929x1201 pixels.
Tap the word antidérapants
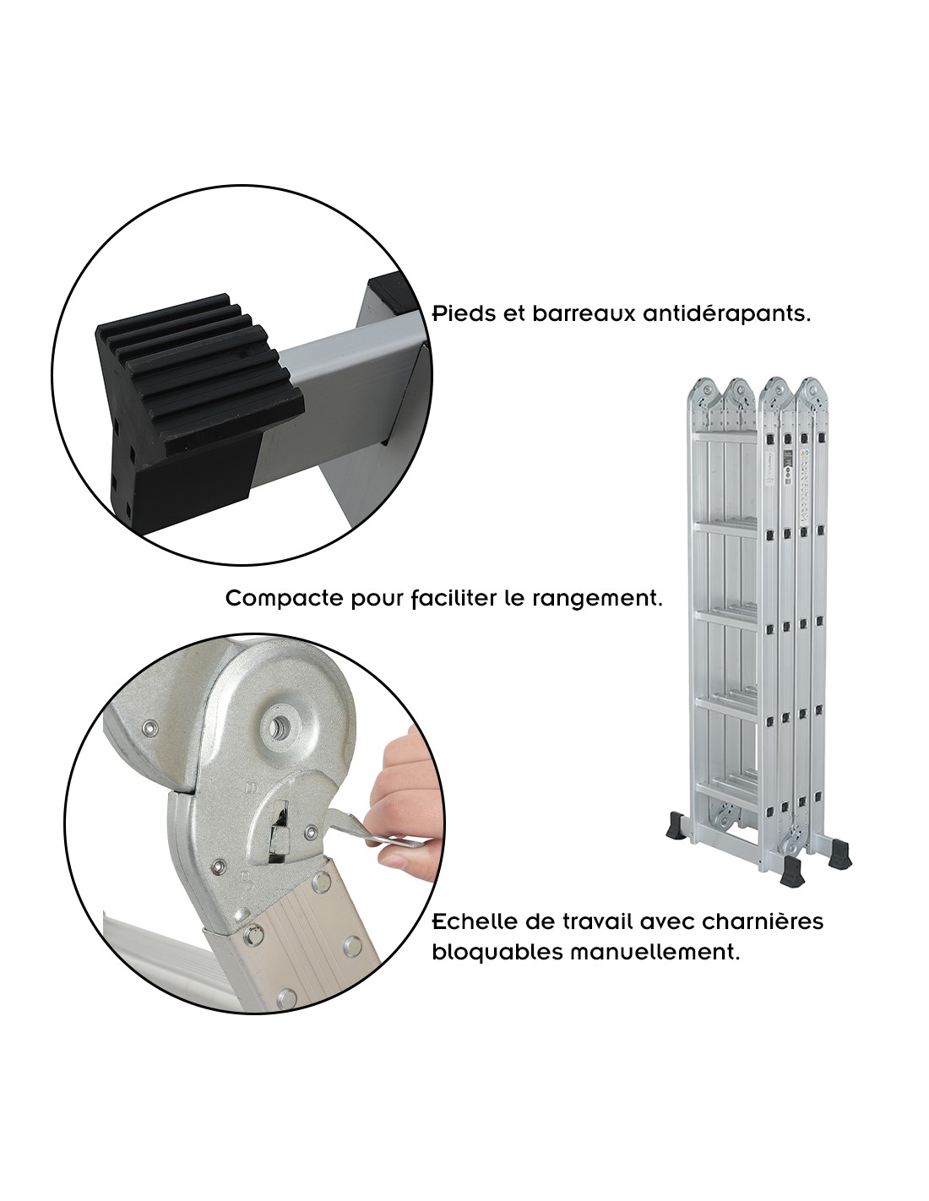click(x=726, y=313)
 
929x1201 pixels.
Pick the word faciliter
click(x=454, y=599)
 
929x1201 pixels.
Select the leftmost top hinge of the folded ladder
click(x=704, y=397)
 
